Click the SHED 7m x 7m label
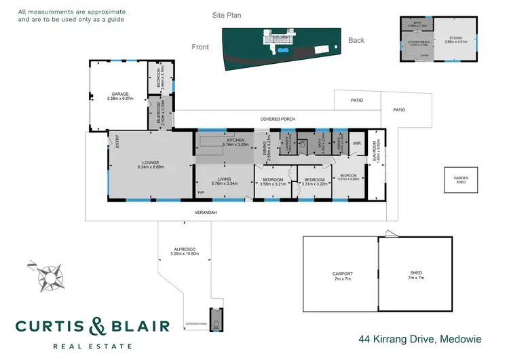tap(415, 275)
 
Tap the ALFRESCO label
tap(185, 251)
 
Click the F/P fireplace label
tap(201, 194)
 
